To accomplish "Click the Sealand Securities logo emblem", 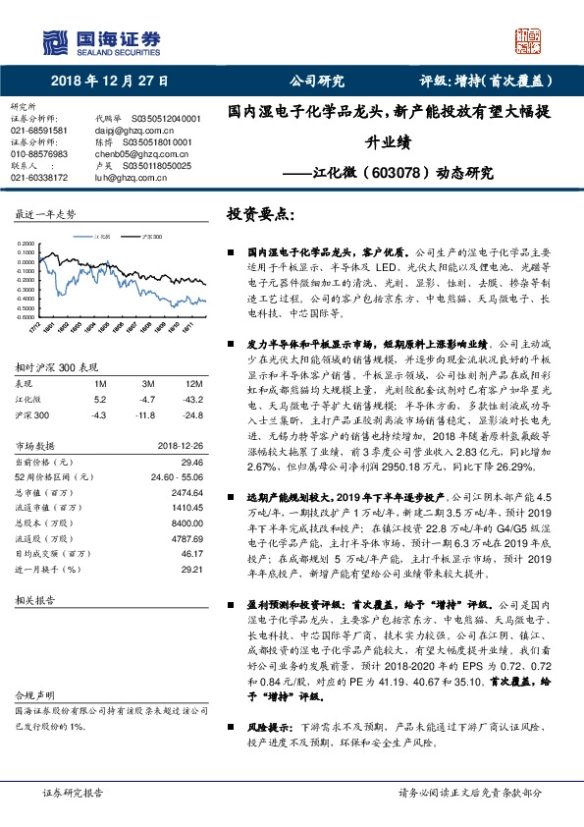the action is tap(56, 43).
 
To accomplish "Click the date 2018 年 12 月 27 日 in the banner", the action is tap(108, 82).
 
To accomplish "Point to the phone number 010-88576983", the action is tap(39, 154).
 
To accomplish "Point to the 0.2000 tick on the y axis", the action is tap(27, 243).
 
